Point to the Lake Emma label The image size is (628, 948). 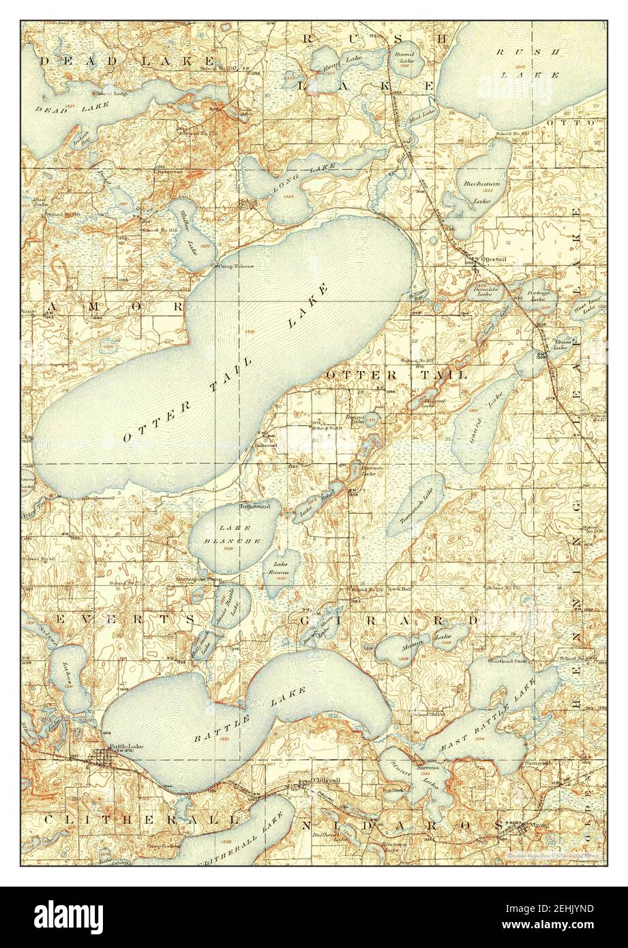coord(280,568)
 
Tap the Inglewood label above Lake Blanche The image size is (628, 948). coord(254,507)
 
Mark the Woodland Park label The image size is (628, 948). coord(506,661)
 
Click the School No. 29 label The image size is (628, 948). coord(513,132)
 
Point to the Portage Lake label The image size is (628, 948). coord(533,295)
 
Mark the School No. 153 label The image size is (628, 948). coord(428,714)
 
